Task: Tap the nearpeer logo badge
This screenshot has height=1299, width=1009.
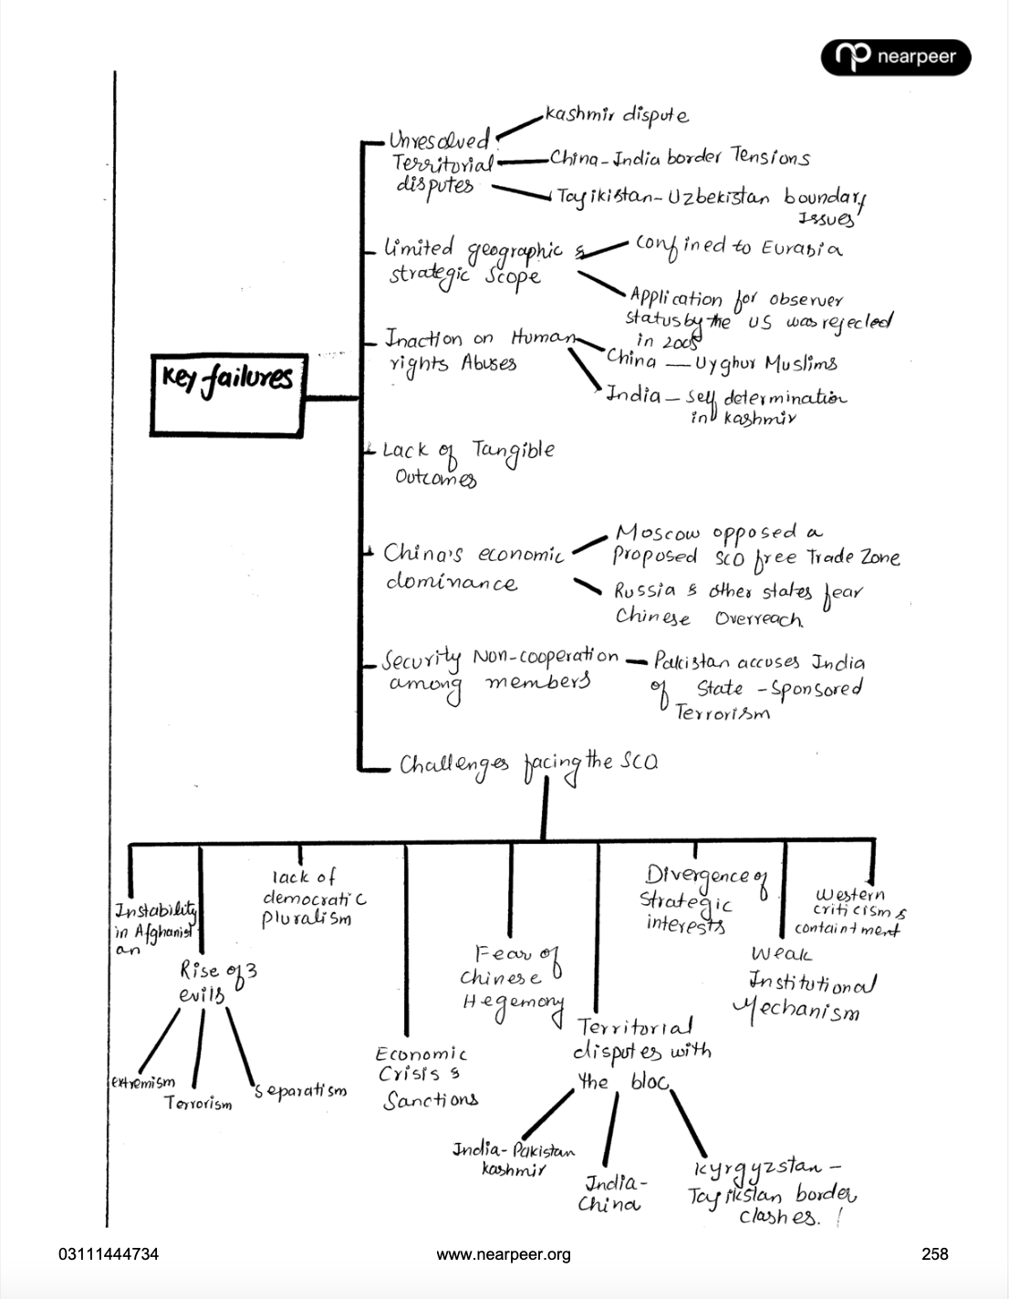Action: click(x=896, y=57)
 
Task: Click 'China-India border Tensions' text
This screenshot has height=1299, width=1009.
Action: click(x=679, y=159)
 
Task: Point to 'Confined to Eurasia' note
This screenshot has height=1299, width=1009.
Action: click(x=737, y=247)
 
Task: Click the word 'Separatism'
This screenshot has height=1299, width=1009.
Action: click(x=301, y=1091)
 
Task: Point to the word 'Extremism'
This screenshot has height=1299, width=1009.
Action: click(x=142, y=1083)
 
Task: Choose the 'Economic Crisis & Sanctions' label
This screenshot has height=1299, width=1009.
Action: click(x=427, y=1077)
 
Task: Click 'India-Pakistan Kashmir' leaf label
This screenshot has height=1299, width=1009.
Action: click(x=514, y=1159)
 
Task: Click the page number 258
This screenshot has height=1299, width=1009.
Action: click(x=934, y=1254)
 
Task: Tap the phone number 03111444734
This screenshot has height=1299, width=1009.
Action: click(x=109, y=1254)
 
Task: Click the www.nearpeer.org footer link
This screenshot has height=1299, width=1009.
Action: click(x=504, y=1254)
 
